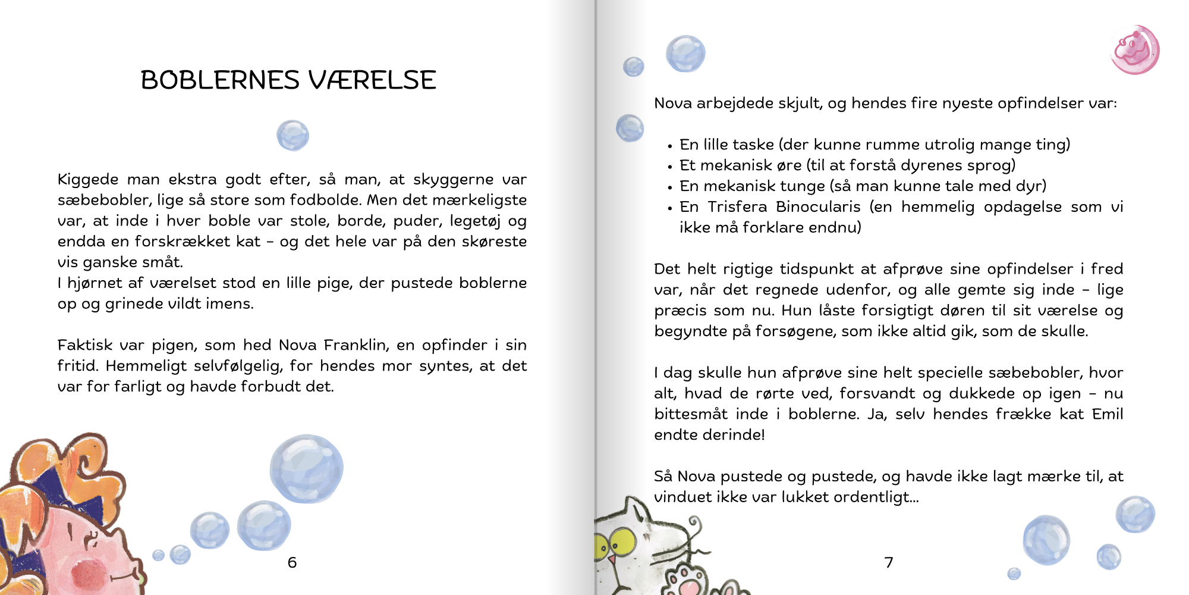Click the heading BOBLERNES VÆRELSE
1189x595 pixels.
click(288, 80)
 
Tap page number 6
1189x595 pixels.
click(292, 562)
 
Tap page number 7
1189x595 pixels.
click(889, 562)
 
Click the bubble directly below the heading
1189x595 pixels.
click(292, 135)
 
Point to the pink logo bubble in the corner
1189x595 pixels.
click(1134, 50)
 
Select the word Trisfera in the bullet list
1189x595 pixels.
click(737, 206)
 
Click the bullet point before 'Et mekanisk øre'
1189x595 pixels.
click(670, 167)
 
